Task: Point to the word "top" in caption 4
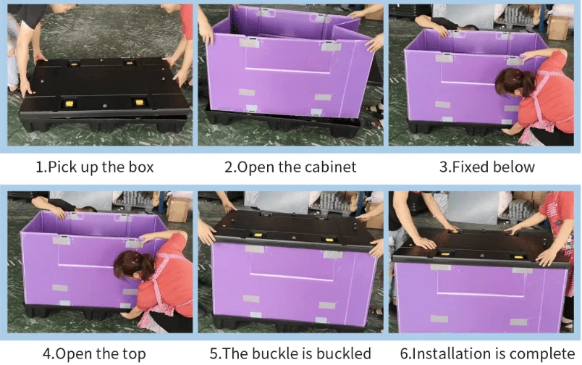(x=134, y=354)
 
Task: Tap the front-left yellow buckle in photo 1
(x=69, y=104)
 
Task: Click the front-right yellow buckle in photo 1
(x=139, y=102)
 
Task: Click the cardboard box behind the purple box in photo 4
(x=177, y=209)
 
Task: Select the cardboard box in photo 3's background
(x=558, y=27)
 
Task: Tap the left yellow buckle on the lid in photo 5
(x=257, y=235)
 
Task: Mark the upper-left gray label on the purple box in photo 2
(x=250, y=42)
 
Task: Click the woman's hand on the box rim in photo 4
(x=145, y=239)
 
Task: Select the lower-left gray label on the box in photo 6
(x=439, y=319)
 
